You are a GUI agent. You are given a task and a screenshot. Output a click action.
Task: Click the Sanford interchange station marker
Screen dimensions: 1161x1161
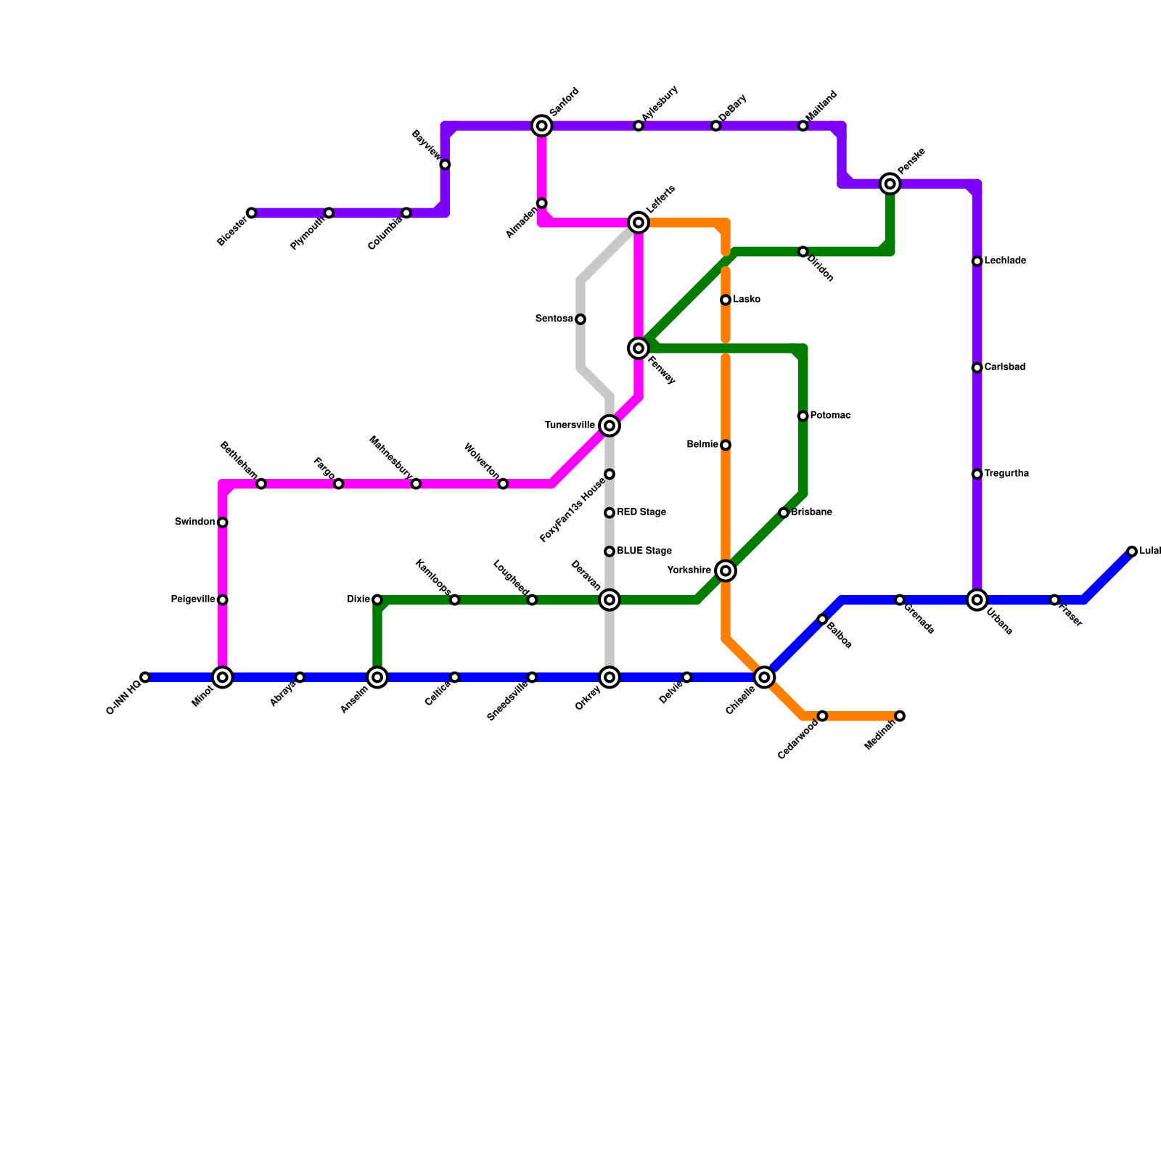click(x=541, y=126)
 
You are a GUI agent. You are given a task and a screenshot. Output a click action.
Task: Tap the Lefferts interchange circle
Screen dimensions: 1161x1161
click(x=639, y=222)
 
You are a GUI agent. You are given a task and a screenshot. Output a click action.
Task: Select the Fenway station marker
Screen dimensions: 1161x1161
click(x=639, y=349)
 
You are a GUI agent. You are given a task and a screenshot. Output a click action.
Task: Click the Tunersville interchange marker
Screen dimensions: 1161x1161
click(x=610, y=425)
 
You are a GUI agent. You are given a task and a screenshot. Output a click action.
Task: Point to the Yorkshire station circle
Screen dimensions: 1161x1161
click(x=726, y=571)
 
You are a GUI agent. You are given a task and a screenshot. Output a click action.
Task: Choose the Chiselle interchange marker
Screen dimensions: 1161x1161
click(x=764, y=677)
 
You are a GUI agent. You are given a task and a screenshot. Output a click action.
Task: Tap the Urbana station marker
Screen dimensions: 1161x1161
click(x=977, y=600)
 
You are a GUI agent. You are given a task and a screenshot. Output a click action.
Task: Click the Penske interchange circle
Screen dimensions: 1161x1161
click(x=890, y=184)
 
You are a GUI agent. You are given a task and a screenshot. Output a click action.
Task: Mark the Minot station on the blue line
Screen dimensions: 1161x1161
click(x=223, y=677)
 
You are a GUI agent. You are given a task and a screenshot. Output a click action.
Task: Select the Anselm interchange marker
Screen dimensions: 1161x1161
click(x=377, y=677)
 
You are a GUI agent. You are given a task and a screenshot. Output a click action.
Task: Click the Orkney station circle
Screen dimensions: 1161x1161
click(x=610, y=677)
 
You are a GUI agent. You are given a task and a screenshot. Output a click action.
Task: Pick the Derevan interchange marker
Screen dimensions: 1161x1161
click(x=610, y=600)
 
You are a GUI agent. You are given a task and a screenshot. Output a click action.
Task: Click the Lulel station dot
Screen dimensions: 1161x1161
click(x=1132, y=551)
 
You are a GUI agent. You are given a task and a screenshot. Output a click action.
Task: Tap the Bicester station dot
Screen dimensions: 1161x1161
click(x=251, y=213)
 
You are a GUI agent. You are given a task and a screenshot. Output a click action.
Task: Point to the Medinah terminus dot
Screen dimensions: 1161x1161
click(x=900, y=716)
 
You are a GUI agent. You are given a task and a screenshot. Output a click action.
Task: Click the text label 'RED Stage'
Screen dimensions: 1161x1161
click(x=641, y=512)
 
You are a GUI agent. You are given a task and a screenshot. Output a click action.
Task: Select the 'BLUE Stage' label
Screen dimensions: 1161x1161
click(x=644, y=551)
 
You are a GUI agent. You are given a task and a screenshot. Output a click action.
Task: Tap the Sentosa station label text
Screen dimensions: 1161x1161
click(x=554, y=319)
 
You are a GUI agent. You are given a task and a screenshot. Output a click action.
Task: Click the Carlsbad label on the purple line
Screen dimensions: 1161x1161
click(x=1005, y=368)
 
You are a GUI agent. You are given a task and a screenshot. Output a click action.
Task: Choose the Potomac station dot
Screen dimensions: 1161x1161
click(x=803, y=416)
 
